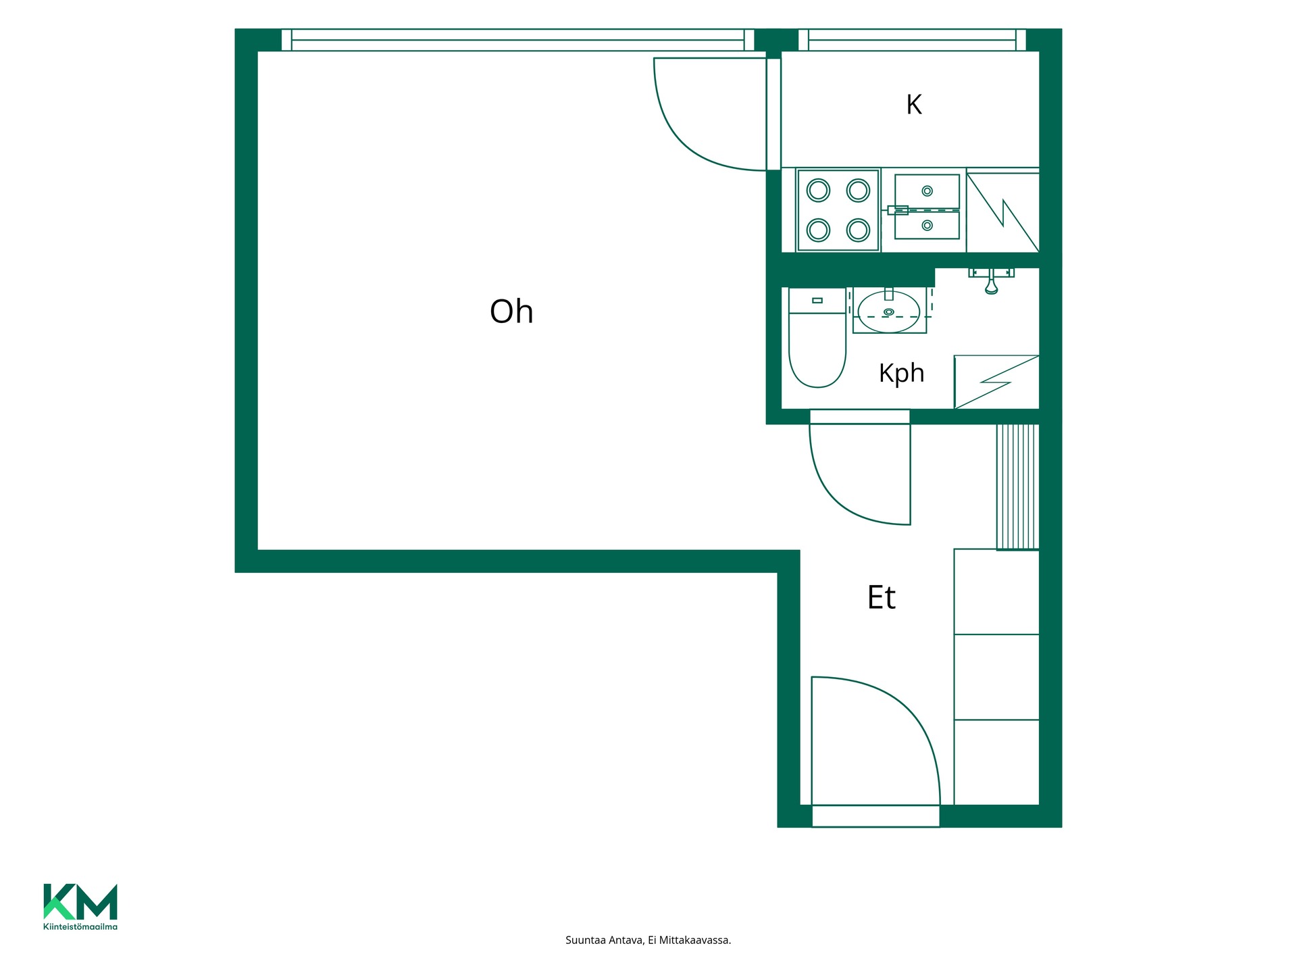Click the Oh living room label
511,311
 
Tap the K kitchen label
914,105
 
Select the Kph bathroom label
901,373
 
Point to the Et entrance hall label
881,597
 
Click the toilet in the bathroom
817,338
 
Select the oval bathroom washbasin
889,311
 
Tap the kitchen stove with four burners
838,210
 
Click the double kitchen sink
927,207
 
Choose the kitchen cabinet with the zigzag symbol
1002,212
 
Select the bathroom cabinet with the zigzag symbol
996,382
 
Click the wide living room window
517,40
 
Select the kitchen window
912,40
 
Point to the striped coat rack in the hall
1017,487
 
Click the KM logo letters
80,901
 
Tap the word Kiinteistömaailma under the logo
80,926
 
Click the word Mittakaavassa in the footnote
697,940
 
